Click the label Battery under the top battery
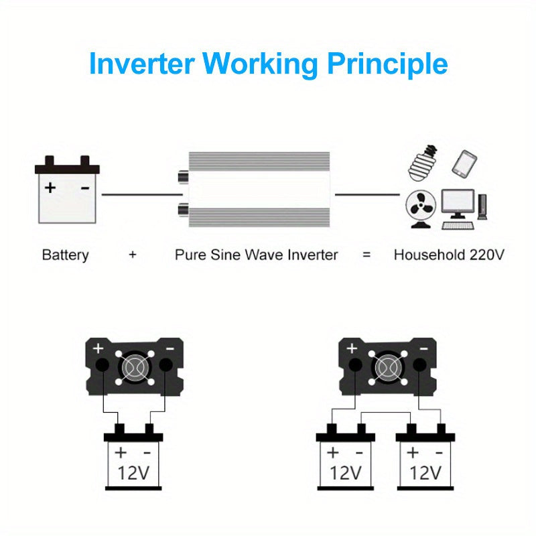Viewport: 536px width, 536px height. click(x=65, y=255)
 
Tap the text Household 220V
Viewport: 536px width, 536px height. click(x=448, y=255)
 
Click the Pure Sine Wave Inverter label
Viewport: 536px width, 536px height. click(x=256, y=255)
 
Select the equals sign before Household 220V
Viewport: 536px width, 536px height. click(x=366, y=255)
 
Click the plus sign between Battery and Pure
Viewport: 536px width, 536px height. click(x=133, y=255)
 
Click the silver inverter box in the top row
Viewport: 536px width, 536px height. click(x=260, y=190)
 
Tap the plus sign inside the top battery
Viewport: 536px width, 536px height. click(x=50, y=188)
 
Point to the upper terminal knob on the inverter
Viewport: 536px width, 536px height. click(x=182, y=178)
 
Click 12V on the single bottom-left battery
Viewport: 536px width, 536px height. click(x=133, y=472)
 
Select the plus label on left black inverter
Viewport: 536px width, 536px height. click(x=98, y=348)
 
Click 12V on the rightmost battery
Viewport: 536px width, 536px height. click(x=425, y=472)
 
